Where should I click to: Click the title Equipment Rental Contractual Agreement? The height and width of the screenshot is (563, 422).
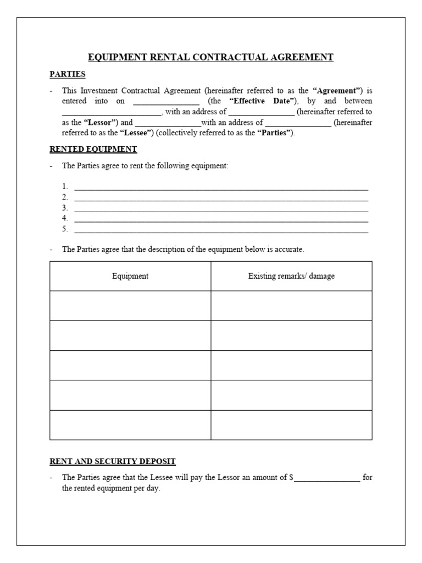211,57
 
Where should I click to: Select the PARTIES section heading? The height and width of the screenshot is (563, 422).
67,74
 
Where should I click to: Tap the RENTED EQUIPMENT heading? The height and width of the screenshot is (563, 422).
93,149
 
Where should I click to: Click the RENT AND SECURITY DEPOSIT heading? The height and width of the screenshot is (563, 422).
113,461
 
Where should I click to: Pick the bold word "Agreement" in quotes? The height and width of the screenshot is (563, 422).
338,91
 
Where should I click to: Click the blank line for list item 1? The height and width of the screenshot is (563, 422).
221,186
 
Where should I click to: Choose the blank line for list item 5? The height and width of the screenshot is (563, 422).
221,229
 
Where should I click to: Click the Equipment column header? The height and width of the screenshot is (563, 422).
130,276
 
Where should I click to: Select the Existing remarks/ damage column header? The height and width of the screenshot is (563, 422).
291,276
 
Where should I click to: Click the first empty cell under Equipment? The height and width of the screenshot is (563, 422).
130,306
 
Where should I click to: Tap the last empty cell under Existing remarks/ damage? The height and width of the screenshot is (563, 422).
291,425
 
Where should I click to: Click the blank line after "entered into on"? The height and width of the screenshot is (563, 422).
166,102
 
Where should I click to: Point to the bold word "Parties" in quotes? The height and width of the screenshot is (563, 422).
275,133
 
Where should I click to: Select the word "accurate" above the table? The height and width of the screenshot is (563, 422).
290,250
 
